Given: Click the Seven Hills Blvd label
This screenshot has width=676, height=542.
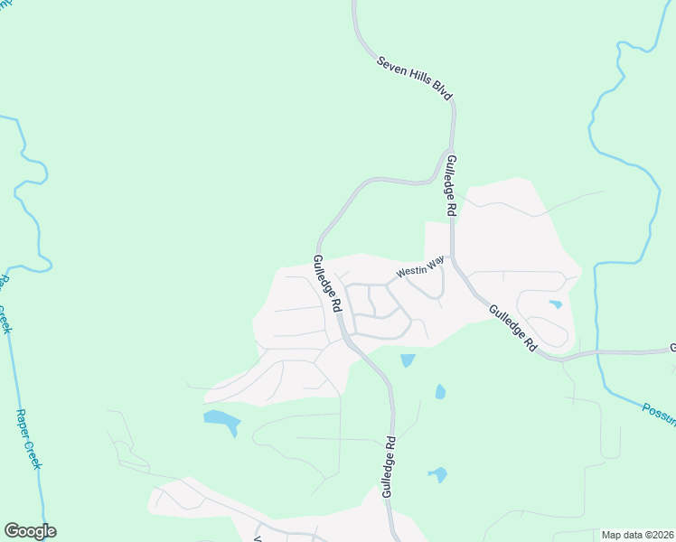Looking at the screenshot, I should (x=415, y=78).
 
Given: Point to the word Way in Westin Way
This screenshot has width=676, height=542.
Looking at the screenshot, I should (x=436, y=262).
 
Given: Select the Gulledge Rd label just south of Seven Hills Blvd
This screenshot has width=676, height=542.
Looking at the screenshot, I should (x=450, y=184).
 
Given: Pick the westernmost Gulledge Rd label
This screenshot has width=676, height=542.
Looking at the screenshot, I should (x=326, y=283).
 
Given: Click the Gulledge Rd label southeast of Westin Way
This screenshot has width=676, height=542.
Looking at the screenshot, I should (x=513, y=327).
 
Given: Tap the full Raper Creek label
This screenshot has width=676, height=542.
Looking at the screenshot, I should (x=29, y=439).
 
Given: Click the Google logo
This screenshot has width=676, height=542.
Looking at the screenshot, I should (x=30, y=531).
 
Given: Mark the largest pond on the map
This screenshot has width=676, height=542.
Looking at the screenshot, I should (x=222, y=420).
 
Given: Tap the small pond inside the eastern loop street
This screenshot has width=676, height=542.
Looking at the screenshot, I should (x=555, y=304).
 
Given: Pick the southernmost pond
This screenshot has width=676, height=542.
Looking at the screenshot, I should (x=437, y=473).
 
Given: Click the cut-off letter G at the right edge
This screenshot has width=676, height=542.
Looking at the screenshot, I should (x=672, y=347).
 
